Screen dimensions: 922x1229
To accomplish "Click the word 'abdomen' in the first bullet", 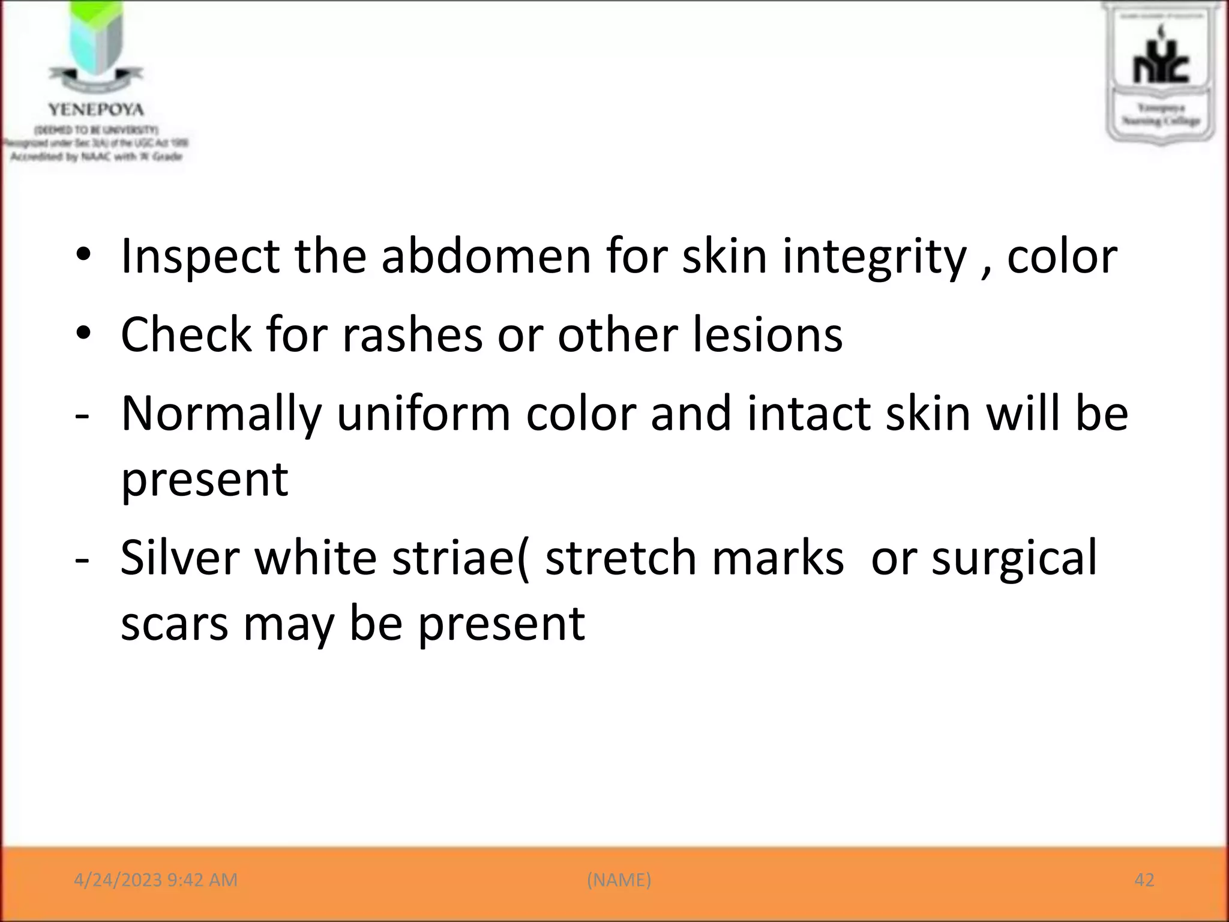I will [x=485, y=256].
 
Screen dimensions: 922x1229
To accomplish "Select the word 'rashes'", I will [x=412, y=334].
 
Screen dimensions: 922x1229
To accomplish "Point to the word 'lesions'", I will [x=768, y=334].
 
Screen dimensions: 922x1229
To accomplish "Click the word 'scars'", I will [x=174, y=624].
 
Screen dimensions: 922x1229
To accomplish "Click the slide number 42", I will [x=1144, y=880].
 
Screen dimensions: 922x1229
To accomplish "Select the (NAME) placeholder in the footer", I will [x=619, y=880].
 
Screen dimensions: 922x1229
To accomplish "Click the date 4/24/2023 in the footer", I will [x=118, y=880].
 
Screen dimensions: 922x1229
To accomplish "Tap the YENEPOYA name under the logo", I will [x=96, y=110].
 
